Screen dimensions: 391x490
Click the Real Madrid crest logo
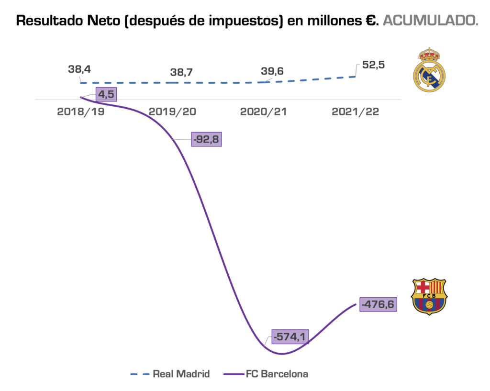pyautogui.click(x=429, y=70)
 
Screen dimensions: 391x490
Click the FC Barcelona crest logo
pyautogui.click(x=429, y=297)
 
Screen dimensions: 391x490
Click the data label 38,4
pyautogui.click(x=79, y=69)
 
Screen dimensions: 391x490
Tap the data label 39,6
pyautogui.click(x=272, y=71)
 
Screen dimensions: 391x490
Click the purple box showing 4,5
pyautogui.click(x=106, y=94)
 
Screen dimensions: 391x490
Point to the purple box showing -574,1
pyautogui.click(x=290, y=337)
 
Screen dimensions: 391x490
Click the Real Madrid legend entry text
pyautogui.click(x=181, y=374)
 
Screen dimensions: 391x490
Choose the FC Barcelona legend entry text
pyautogui.click(x=277, y=374)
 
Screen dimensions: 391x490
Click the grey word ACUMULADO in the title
pyautogui.click(x=431, y=21)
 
